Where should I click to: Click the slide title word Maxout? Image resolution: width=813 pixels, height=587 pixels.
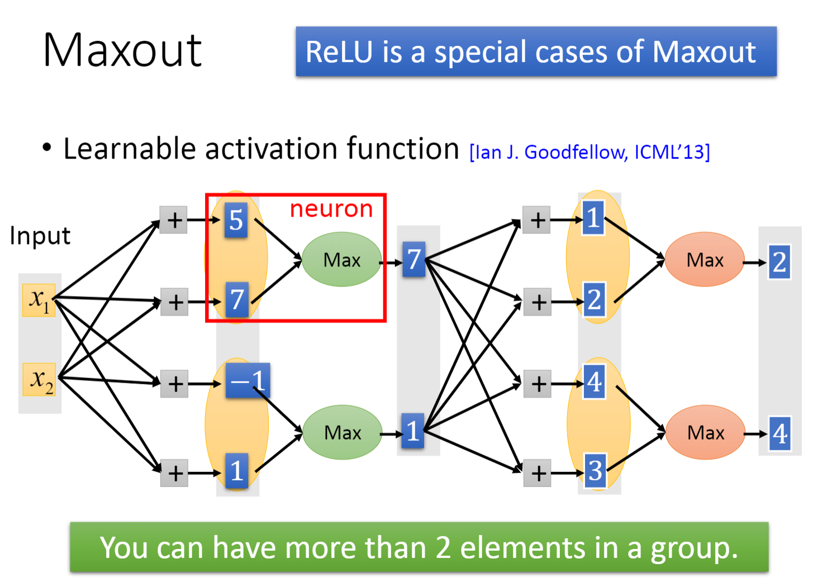pos(122,50)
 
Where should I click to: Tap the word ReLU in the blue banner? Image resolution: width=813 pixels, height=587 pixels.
pos(339,52)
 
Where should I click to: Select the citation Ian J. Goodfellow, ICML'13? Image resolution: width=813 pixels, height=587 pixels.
pos(590,152)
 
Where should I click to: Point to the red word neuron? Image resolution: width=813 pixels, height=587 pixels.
pos(331,209)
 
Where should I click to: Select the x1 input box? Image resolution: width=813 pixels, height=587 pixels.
pos(39,300)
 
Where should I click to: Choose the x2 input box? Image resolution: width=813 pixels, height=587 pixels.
pos(39,379)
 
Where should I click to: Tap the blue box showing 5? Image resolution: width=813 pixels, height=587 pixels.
pos(236,220)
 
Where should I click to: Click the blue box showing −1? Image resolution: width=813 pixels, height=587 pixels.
pos(248,380)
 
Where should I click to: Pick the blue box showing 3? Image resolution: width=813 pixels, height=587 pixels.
pos(595,470)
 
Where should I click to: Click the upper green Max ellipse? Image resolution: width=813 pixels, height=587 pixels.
pos(341,259)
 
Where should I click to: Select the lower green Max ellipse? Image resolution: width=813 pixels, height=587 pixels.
pos(343,432)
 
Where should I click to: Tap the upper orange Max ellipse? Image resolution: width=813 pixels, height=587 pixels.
pos(705,259)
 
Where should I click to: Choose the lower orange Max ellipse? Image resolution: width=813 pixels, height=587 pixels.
pos(706,432)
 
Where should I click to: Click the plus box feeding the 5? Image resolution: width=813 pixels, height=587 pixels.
pos(173,220)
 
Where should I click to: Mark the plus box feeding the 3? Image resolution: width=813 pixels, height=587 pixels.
pos(538,473)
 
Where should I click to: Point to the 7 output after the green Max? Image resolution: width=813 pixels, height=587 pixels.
pos(413,259)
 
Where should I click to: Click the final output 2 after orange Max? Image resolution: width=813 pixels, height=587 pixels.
pos(779,262)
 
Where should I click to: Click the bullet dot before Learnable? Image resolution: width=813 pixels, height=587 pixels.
pos(47,147)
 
